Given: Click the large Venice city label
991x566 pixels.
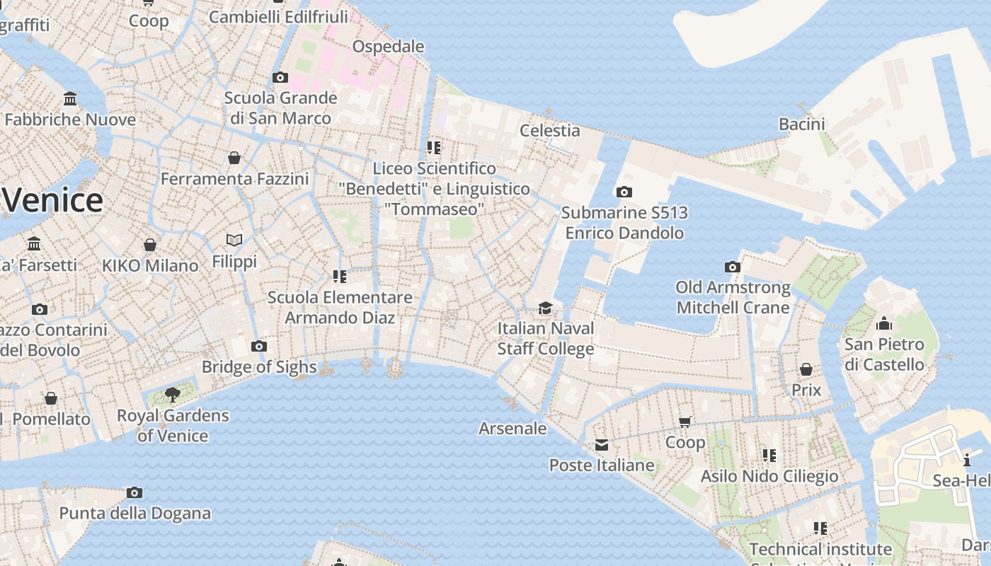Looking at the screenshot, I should coord(53,201).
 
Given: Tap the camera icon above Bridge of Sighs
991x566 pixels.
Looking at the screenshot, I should coord(259,346).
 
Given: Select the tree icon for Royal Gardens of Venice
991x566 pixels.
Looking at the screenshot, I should coord(172,394).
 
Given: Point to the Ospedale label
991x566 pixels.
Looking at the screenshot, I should coord(388,47).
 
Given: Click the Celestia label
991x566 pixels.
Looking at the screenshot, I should coord(549,130).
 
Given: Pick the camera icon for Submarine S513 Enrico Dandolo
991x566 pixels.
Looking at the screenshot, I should coord(624,192).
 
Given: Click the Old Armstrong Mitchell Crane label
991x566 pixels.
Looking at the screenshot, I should coord(733,297).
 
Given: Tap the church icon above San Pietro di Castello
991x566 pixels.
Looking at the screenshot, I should coord(884,324).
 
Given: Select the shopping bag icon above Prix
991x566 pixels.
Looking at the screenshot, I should coord(806,369).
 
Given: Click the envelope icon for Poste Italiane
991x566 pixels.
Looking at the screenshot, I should coord(602,444).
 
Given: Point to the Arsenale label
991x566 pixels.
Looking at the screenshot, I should coord(512,428).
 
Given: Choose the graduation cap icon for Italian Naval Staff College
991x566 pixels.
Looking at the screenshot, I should coord(545,308).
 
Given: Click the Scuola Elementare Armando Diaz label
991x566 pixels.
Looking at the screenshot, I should coord(340,307).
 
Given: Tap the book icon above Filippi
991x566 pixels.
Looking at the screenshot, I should coord(234,241).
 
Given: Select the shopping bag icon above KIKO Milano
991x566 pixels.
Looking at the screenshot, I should coord(150,245).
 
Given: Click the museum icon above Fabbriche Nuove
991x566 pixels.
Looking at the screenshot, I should coord(70,98).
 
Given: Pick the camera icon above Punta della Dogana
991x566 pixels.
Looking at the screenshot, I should coord(134,492).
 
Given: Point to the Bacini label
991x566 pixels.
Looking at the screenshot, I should coord(802,125).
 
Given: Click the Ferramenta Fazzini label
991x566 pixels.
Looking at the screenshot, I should coord(234,179).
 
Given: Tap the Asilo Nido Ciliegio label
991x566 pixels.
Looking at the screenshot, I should coord(769,476).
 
